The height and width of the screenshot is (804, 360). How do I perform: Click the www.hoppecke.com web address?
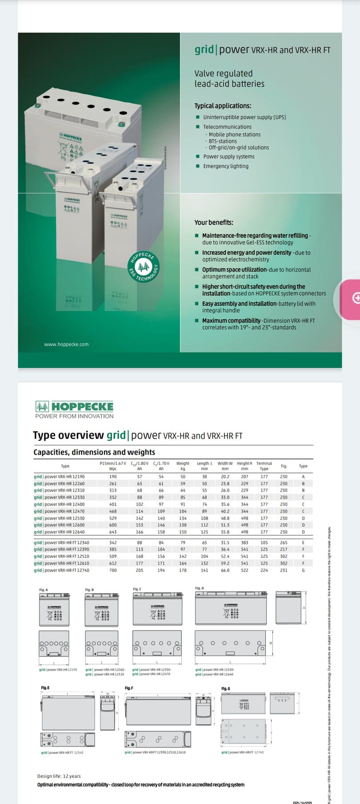[x=66, y=344]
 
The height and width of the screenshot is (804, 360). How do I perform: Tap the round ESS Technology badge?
[x=143, y=267]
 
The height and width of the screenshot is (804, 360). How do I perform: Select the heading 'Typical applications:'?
[x=223, y=106]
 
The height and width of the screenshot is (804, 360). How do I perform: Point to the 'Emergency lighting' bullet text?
[x=226, y=166]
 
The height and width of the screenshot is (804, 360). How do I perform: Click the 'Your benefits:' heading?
[x=214, y=223]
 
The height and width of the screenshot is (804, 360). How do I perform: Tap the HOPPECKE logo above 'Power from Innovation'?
[x=75, y=406]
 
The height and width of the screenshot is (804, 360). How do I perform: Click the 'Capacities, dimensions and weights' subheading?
[x=94, y=452]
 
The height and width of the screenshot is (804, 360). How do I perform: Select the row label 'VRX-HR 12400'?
[x=59, y=504]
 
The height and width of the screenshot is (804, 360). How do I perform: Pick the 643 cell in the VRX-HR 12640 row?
[x=113, y=532]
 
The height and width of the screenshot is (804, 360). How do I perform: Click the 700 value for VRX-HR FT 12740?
[x=113, y=570]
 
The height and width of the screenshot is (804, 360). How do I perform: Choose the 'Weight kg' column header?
[x=183, y=466]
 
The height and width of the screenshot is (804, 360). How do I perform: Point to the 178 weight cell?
[x=183, y=570]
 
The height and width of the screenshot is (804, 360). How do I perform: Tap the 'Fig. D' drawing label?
[x=200, y=588]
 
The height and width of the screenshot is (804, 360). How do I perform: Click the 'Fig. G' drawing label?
[x=226, y=688]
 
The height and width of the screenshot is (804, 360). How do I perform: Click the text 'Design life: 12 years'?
[x=59, y=776]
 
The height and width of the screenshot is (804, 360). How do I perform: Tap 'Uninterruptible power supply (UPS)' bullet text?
[x=244, y=117]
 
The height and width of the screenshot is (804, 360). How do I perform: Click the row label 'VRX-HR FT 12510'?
[x=61, y=556]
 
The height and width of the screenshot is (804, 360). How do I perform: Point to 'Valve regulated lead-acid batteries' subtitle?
[x=229, y=79]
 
